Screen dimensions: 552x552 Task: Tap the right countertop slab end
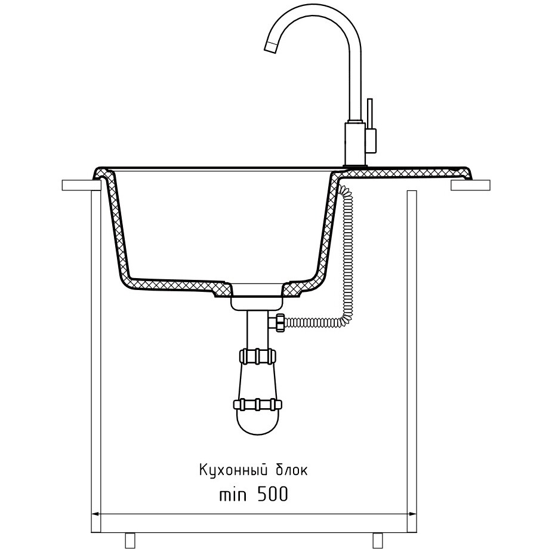(470, 186)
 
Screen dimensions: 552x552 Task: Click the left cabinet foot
(131, 539)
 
